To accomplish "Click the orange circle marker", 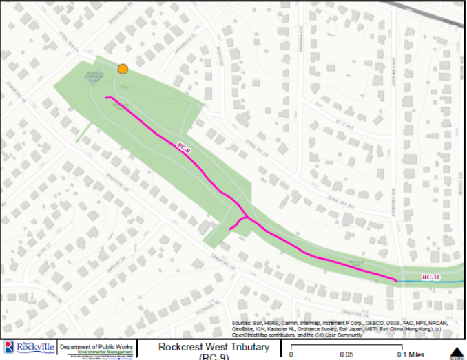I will pyautogui.click(x=123, y=68).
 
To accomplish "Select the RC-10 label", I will pyautogui.click(x=431, y=277).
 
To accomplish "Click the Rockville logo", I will pyautogui.click(x=29, y=348).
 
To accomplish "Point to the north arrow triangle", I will pyautogui.click(x=455, y=352).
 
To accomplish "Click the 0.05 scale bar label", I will pyautogui.click(x=346, y=354).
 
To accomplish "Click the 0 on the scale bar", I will pyautogui.click(x=291, y=354).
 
